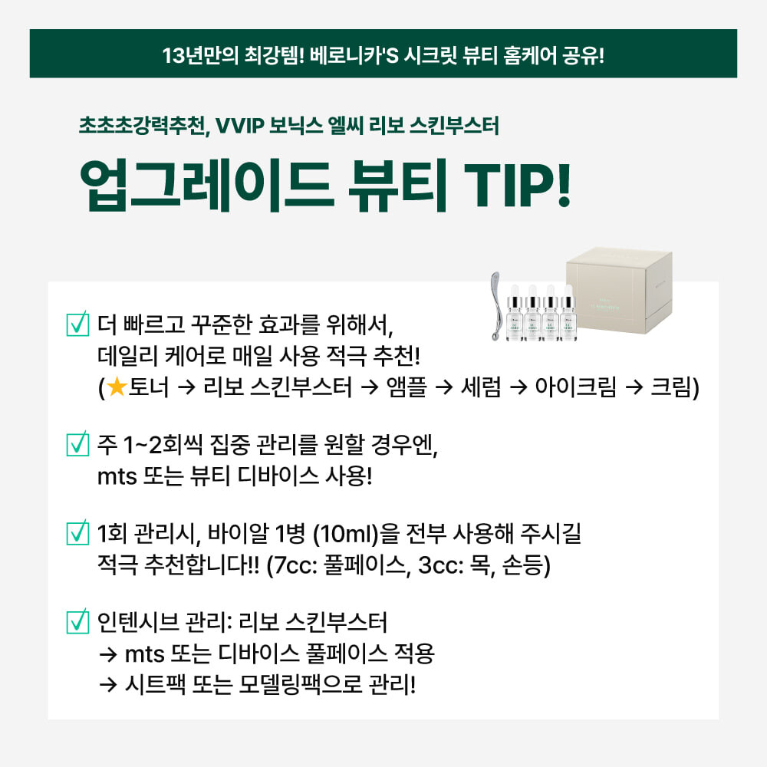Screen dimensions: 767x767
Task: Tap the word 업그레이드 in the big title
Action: pyautogui.click(x=206, y=186)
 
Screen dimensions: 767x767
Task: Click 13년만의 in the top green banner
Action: pyautogui.click(x=200, y=54)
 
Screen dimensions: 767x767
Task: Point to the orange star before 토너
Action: pyautogui.click(x=117, y=387)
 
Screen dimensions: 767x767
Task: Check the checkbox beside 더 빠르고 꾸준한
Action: pyautogui.click(x=77, y=324)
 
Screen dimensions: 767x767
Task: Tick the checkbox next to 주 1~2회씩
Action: pyautogui.click(x=77, y=443)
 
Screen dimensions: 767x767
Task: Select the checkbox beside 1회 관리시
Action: pyautogui.click(x=77, y=532)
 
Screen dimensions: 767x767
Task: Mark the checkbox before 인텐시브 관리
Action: pyautogui.click(x=77, y=621)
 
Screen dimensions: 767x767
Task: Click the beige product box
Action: pyautogui.click(x=619, y=290)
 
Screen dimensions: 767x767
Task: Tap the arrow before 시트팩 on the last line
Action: pyautogui.click(x=107, y=685)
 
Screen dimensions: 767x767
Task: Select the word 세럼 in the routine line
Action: pyautogui.click(x=482, y=387)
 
